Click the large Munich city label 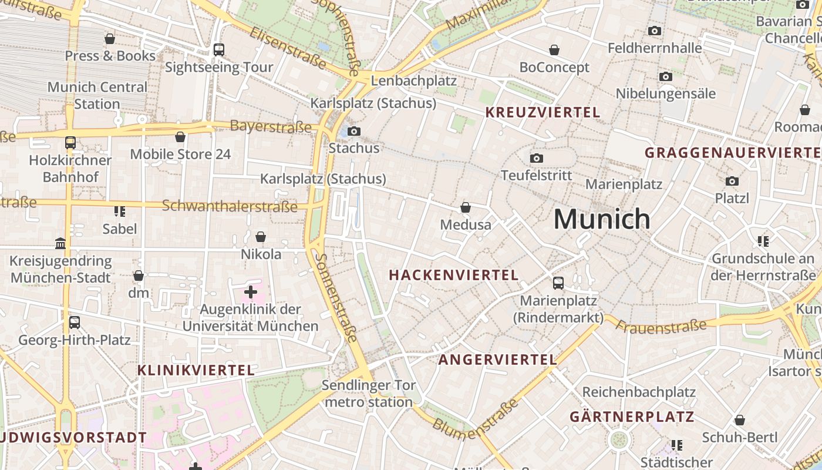[602, 219]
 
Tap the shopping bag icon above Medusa [466, 207]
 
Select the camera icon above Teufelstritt [536, 158]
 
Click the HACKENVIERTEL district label [454, 275]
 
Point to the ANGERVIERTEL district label [498, 360]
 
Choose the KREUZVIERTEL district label [543, 112]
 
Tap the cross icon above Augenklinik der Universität [251, 291]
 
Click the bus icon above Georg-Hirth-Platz [75, 323]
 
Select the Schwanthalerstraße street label [230, 206]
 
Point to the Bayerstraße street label [271, 126]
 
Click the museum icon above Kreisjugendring [60, 243]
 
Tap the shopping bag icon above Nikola [261, 237]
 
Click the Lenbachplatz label [414, 80]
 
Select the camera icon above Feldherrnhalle [655, 31]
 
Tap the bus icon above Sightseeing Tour [219, 50]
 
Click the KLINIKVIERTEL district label [196, 370]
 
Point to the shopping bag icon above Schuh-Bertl [740, 420]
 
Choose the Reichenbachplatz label [639, 392]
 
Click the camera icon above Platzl [732, 181]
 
